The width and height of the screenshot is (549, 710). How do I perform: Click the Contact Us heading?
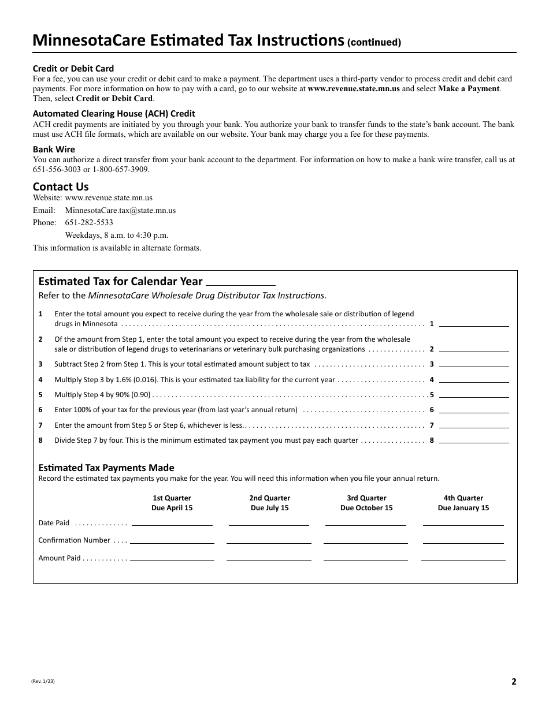pyautogui.click(x=61, y=186)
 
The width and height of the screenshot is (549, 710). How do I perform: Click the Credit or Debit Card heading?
pyautogui.click(x=73, y=68)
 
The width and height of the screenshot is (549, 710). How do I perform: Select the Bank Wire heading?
pyautogui.click(x=54, y=149)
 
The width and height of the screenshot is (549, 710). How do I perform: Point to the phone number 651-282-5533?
pyautogui.click(x=89, y=222)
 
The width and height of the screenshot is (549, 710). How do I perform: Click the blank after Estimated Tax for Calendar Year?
pyautogui.click(x=240, y=282)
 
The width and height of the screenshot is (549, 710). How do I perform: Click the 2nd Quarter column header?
pyautogui.click(x=269, y=498)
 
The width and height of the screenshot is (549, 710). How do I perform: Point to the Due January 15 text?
pyautogui.click(x=463, y=508)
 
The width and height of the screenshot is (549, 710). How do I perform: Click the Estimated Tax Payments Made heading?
pyautogui.click(x=106, y=468)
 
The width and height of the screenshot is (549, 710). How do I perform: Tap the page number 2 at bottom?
pyautogui.click(x=513, y=681)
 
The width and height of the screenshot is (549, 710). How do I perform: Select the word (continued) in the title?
pyautogui.click(x=374, y=42)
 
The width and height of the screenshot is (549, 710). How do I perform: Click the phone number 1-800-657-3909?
pyautogui.click(x=122, y=169)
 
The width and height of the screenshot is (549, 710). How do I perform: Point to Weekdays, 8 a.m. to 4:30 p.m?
pyautogui.click(x=116, y=235)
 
